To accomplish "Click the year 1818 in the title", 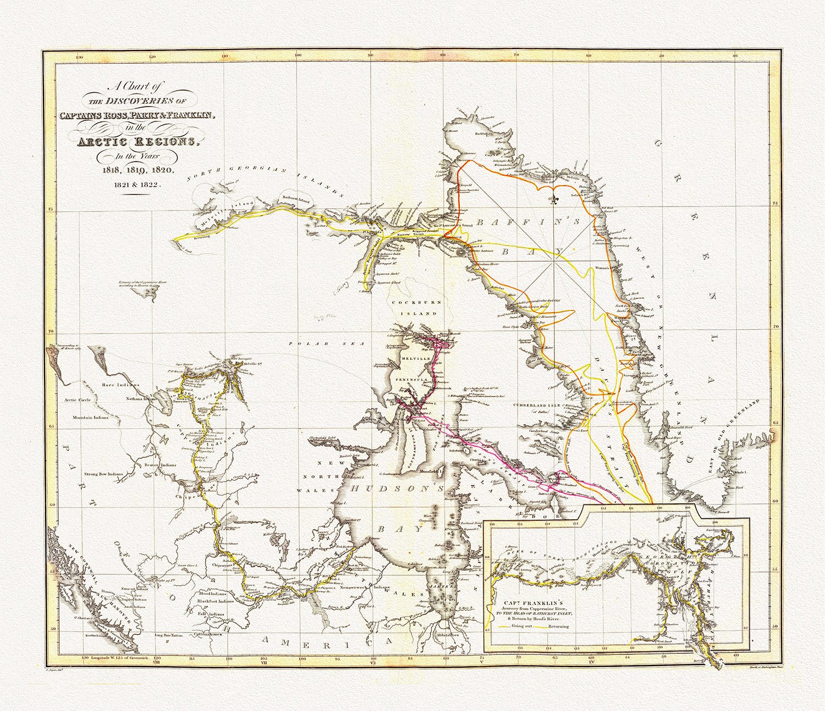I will coord(112,170).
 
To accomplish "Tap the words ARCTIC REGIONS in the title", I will coord(137,141).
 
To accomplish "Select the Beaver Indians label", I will coord(159,465).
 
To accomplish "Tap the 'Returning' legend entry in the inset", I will coord(557,626).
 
